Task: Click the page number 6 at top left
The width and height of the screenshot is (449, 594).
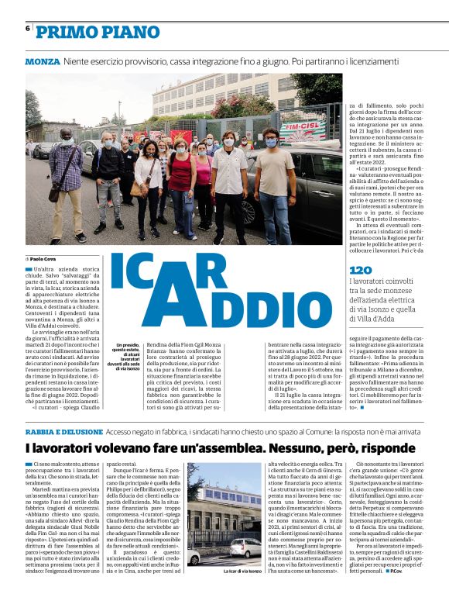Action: coord(28,29)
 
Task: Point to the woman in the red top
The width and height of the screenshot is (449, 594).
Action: coord(180,182)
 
